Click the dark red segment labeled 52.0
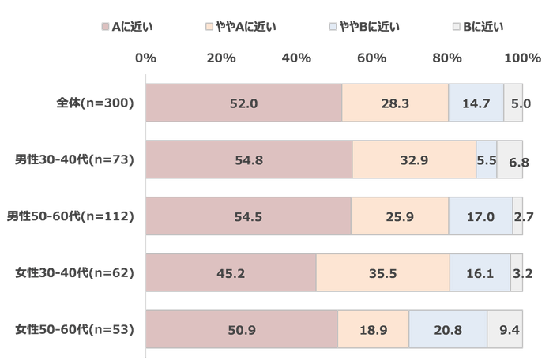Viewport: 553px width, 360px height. [243, 103]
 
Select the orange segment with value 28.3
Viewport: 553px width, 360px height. [394, 103]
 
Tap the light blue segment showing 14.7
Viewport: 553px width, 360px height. [476, 103]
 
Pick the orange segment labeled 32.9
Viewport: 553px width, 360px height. [413, 160]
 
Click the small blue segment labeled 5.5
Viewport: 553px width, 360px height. [487, 160]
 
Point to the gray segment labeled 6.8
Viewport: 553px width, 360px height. [510, 160]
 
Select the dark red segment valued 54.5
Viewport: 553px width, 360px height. [248, 216]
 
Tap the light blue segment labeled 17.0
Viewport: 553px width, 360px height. [480, 216]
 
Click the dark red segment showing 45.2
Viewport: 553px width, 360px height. [231, 273]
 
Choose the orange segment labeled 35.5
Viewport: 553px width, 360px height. [382, 273]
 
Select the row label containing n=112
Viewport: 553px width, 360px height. [92, 216]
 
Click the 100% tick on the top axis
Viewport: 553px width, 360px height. [517, 58]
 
